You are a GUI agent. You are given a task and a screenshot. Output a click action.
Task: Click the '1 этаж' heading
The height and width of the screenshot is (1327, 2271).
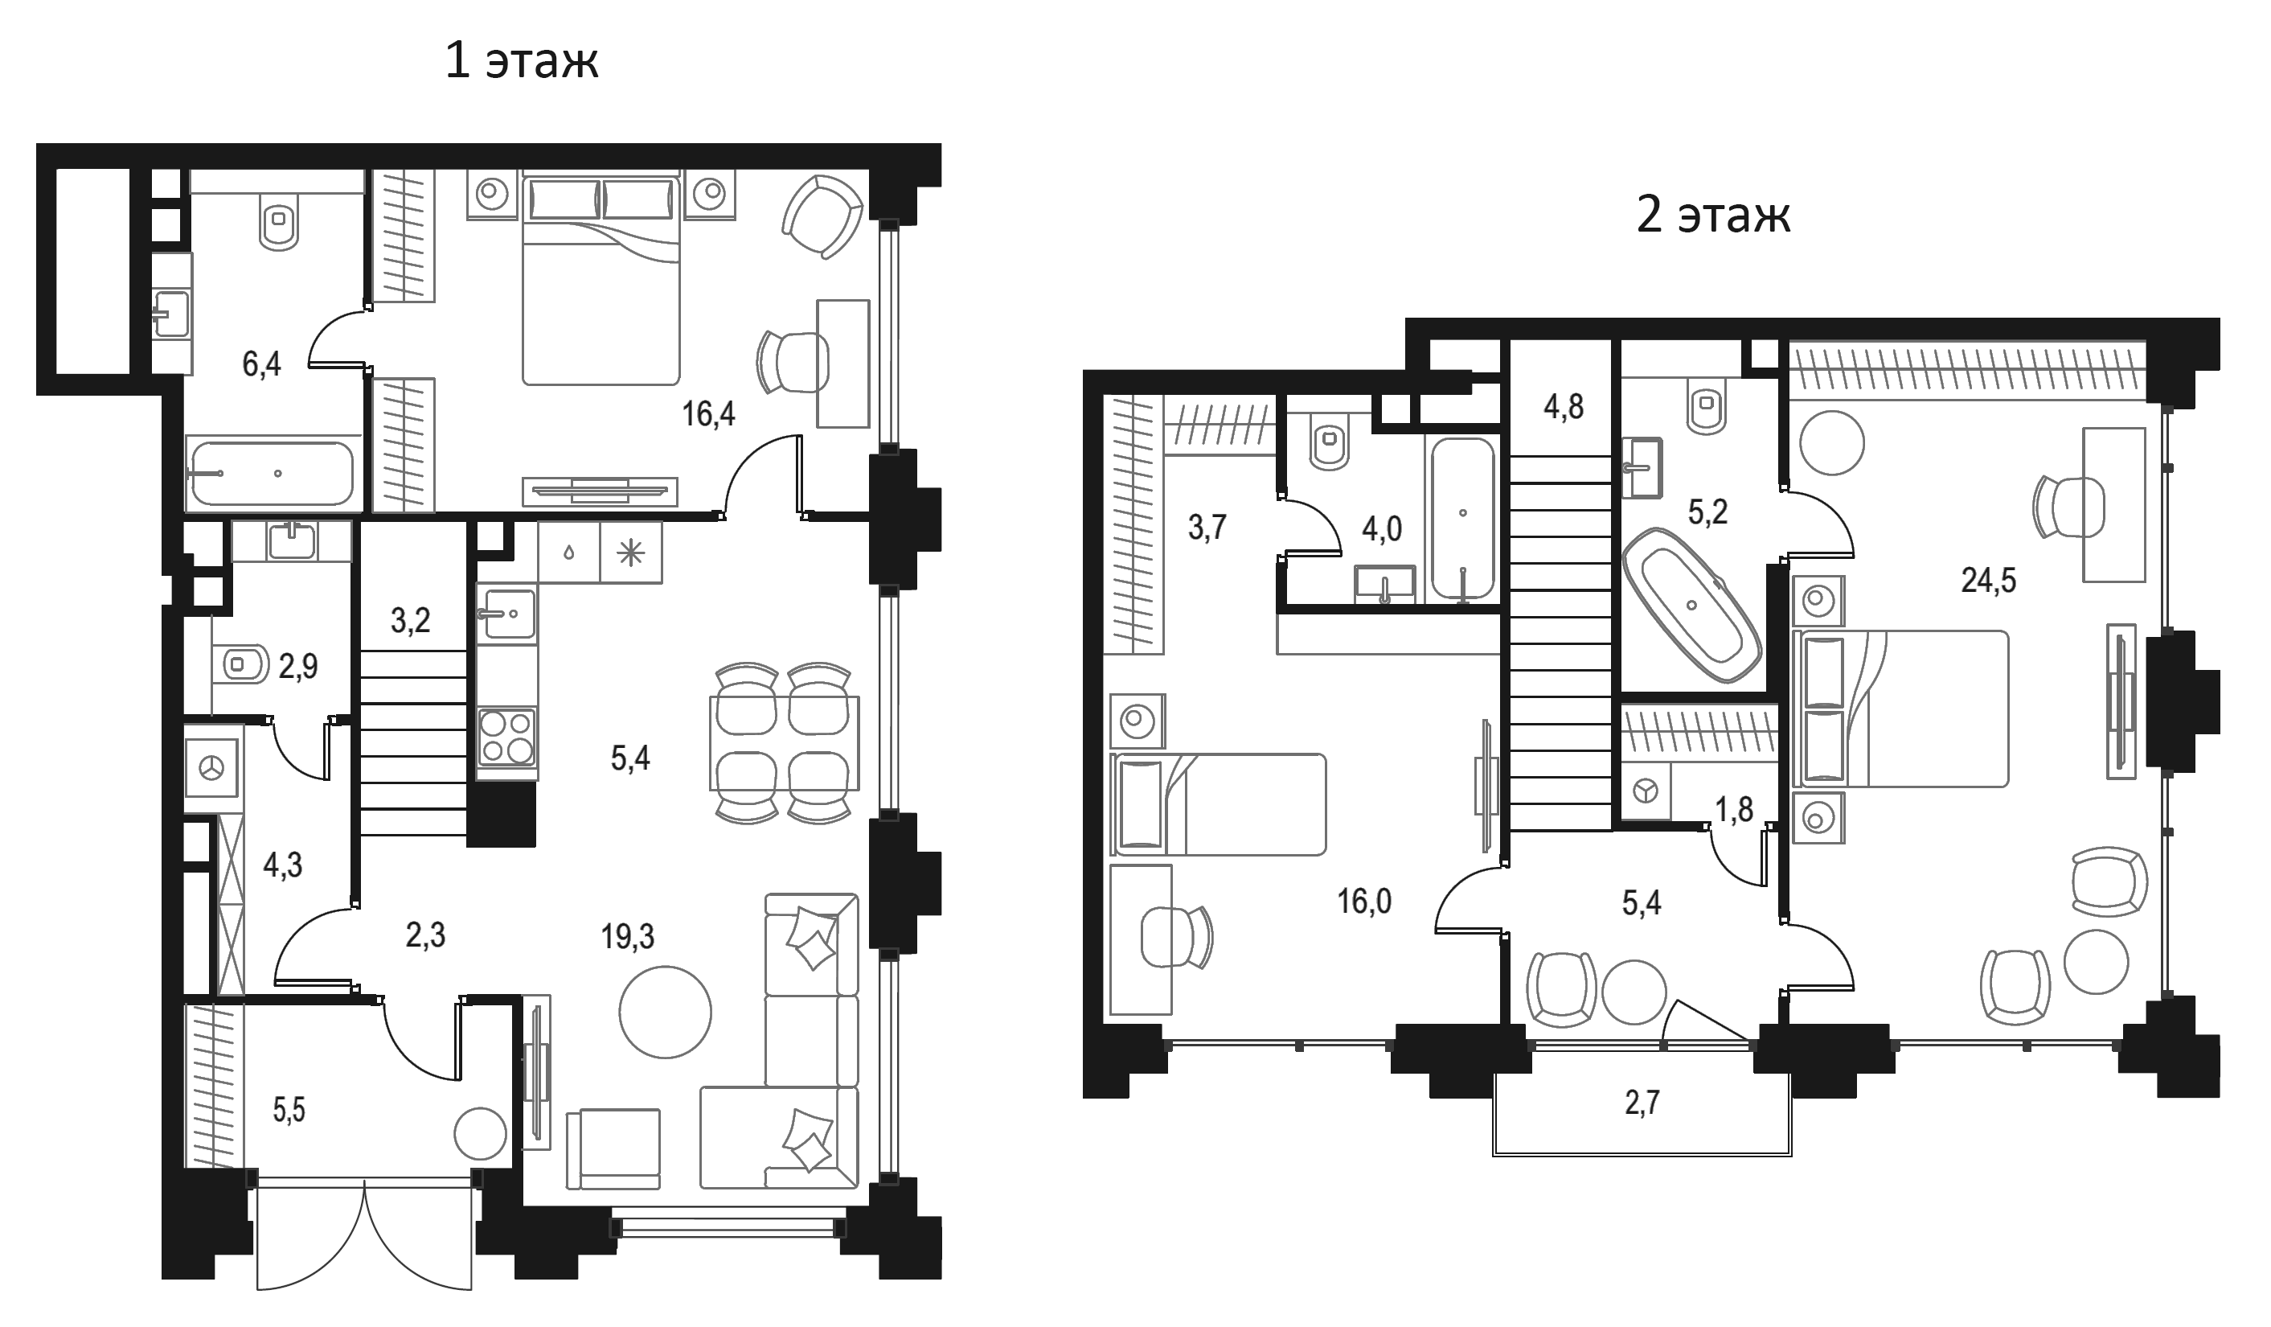click(522, 61)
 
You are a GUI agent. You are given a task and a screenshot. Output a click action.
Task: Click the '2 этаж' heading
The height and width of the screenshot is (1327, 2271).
click(1713, 216)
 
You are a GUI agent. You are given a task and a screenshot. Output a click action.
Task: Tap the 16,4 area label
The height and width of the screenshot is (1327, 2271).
click(708, 414)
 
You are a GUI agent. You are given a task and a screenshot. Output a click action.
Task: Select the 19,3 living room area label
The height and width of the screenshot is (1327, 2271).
click(628, 938)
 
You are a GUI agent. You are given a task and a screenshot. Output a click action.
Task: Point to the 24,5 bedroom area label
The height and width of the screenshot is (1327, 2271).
click(1988, 581)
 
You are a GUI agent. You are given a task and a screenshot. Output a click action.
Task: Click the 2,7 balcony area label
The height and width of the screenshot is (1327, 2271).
click(1642, 1103)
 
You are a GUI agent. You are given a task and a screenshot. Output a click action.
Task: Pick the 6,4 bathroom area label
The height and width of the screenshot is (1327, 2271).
click(261, 364)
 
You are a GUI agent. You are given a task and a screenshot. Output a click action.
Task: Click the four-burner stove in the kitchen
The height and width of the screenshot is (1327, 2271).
click(507, 737)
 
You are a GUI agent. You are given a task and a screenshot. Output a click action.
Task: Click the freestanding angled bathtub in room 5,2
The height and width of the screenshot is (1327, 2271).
click(1691, 604)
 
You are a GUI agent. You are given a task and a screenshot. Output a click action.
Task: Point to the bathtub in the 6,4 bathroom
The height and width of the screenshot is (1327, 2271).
click(269, 472)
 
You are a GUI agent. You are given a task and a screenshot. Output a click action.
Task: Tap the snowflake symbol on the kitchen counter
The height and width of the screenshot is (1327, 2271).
click(630, 553)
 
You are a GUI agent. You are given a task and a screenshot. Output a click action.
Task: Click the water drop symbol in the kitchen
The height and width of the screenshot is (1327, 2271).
click(568, 553)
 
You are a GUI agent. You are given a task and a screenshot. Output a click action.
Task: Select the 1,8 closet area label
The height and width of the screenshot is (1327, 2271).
click(1734, 811)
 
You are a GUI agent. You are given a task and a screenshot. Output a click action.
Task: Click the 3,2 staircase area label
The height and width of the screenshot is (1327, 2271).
click(410, 620)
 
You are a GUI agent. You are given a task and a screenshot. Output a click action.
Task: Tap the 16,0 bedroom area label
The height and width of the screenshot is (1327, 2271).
click(1364, 901)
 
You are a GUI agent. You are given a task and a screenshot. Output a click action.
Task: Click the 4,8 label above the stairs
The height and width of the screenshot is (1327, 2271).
click(1564, 408)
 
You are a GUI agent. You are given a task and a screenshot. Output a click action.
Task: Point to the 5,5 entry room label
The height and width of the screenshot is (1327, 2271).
click(289, 1111)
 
